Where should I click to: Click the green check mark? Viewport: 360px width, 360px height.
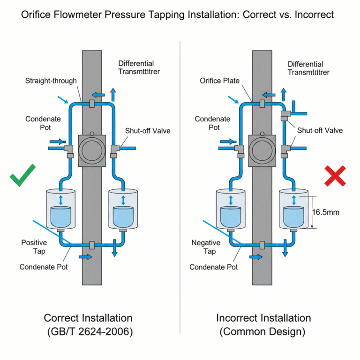tap(22, 175)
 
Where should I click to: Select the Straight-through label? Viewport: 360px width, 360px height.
tap(51, 81)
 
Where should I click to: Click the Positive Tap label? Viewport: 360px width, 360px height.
tap(34, 247)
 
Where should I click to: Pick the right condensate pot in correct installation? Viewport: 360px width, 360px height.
tap(123, 209)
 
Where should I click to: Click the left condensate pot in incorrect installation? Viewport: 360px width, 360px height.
tap(231, 209)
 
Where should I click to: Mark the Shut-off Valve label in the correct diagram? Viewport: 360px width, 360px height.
tap(148, 130)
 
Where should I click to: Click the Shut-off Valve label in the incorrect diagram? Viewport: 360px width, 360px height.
tap(320, 130)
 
